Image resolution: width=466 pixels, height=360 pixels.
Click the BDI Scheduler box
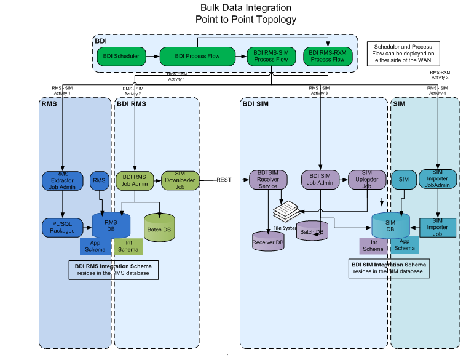(x=120, y=56)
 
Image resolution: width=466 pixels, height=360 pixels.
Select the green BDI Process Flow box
(x=197, y=56)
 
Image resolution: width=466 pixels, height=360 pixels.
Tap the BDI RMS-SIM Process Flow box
(x=271, y=56)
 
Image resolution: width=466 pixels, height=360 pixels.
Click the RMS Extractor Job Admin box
(x=62, y=180)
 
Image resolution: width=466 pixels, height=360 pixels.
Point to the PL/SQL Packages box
(x=62, y=227)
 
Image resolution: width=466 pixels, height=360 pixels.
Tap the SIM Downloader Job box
(x=180, y=180)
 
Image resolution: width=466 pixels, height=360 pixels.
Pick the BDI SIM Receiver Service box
(x=268, y=180)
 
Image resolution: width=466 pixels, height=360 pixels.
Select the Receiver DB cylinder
(x=268, y=240)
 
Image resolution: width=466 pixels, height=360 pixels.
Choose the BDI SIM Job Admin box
(x=320, y=180)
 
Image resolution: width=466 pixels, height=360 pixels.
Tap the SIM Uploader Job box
(x=367, y=180)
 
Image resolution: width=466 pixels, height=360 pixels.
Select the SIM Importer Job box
(x=437, y=226)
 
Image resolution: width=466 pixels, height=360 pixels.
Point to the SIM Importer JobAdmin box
(x=437, y=179)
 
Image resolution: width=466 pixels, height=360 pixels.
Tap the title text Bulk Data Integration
(x=246, y=8)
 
